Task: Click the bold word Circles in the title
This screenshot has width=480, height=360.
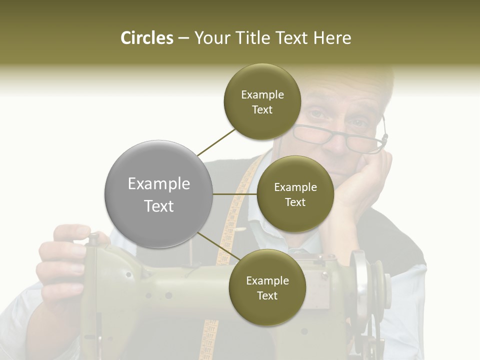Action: pyautogui.click(x=146, y=38)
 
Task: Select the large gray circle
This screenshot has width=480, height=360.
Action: pyautogui.click(x=158, y=194)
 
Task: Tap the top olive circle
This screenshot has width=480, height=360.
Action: pyautogui.click(x=262, y=102)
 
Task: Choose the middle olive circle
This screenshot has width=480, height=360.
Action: pyautogui.click(x=295, y=194)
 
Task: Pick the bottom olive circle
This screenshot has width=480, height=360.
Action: pyautogui.click(x=267, y=288)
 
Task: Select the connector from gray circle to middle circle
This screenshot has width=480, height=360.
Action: pyautogui.click(x=235, y=194)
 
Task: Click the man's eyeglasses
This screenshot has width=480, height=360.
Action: pyautogui.click(x=345, y=138)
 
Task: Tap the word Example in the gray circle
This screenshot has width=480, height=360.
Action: pyautogui.click(x=158, y=184)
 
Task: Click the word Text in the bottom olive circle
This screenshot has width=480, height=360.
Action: pyautogui.click(x=267, y=295)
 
